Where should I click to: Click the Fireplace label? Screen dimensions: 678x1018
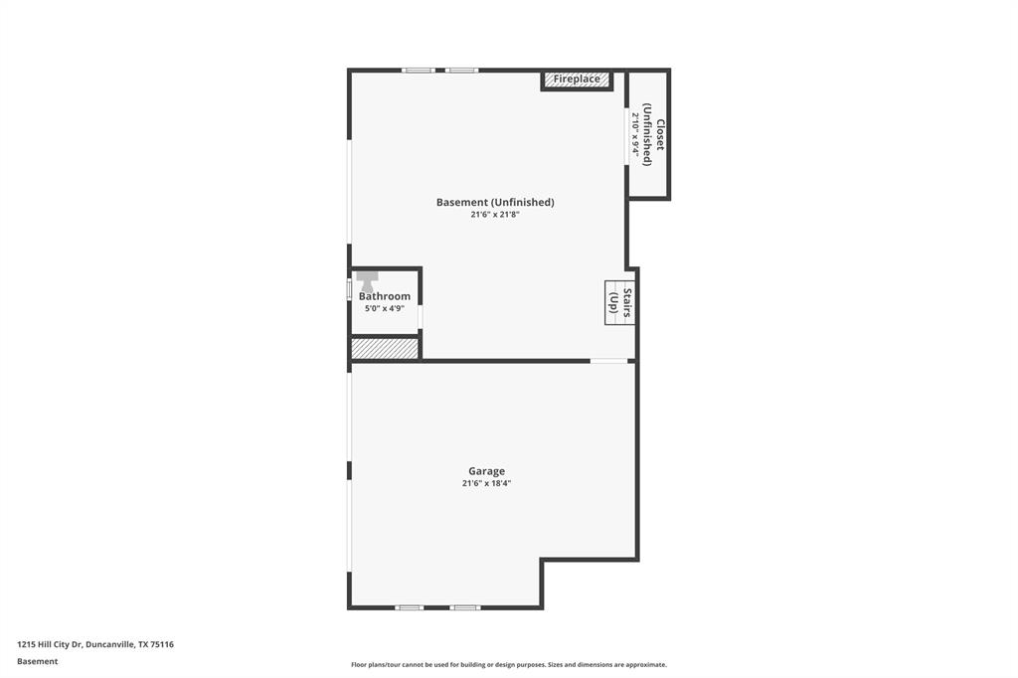coord(577,79)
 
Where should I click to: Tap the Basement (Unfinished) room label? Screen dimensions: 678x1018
coord(495,202)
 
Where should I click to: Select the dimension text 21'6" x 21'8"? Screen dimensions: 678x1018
coord(495,215)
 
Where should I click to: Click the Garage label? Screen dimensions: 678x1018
coord(486,471)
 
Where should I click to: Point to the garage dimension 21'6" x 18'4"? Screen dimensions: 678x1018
coord(486,484)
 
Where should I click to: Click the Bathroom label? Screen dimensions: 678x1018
coord(384,296)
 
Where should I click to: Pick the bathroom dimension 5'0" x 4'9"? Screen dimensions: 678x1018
coord(384,308)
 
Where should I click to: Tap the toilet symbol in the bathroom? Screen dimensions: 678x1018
coord(367,280)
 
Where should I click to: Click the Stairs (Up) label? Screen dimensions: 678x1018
coord(620,302)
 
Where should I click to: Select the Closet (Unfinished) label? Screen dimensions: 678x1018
coord(653,134)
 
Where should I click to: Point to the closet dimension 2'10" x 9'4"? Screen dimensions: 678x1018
coord(636,134)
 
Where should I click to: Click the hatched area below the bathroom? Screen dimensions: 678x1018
coord(384,349)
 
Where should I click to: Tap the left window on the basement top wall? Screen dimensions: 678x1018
coord(419,71)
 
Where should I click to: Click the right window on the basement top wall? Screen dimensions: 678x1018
coord(461,71)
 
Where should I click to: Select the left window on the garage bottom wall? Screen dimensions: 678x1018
coord(410,607)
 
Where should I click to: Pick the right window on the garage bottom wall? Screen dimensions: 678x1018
coord(464,607)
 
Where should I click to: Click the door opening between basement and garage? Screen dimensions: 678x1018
coord(609,361)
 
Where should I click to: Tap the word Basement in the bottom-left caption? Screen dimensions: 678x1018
coord(37,661)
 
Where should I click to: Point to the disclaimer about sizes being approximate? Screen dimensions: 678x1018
coord(508,664)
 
